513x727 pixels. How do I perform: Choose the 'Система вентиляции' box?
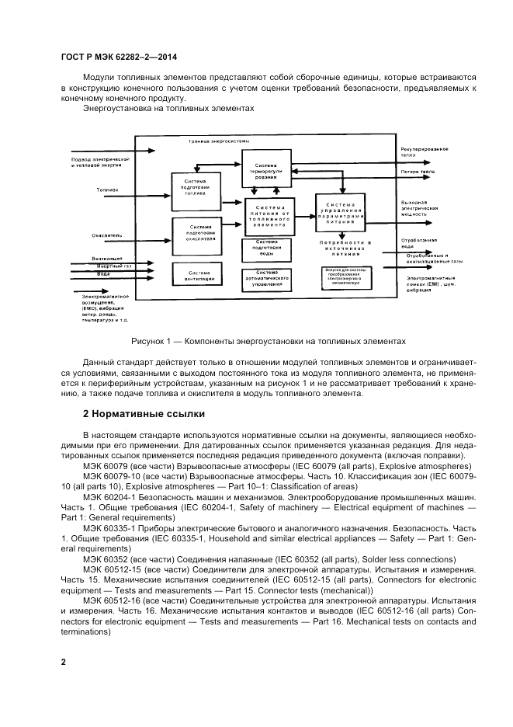point(195,276)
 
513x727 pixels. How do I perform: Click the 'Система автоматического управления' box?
point(266,280)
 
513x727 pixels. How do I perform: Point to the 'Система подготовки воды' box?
point(266,249)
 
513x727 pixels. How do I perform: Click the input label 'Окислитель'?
point(106,232)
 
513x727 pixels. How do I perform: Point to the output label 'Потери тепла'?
point(418,171)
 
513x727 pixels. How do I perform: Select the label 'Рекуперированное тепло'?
point(424,151)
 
